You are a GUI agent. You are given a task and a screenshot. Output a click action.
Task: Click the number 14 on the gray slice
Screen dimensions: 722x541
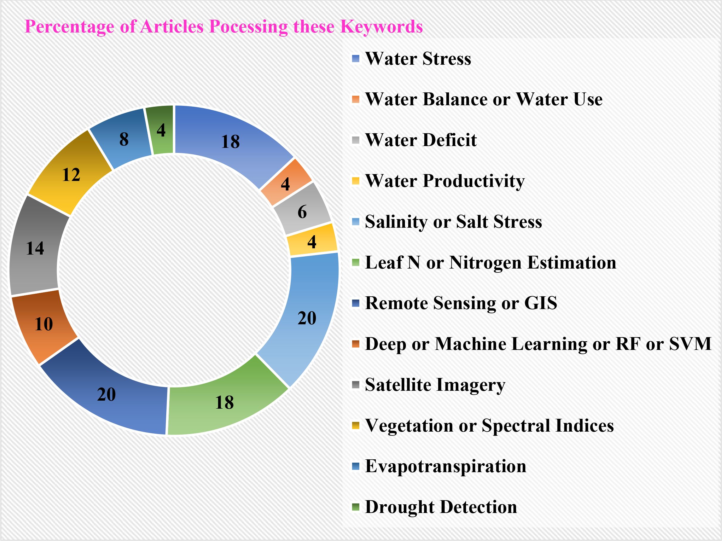point(35,248)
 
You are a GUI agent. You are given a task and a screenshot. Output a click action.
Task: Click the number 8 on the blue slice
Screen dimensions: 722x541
point(124,139)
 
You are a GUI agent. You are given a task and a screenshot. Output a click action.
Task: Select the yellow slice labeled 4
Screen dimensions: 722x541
point(312,240)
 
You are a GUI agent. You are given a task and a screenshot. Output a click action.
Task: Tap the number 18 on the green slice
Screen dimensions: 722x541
point(224,402)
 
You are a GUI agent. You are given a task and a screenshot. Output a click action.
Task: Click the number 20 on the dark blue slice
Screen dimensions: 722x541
point(106,394)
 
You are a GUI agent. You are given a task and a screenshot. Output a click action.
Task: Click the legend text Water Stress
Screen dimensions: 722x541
point(418,59)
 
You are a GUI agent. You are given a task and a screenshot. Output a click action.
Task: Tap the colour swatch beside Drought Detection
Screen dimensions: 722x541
point(356,507)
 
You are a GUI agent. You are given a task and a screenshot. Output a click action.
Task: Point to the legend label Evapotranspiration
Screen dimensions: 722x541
point(445,466)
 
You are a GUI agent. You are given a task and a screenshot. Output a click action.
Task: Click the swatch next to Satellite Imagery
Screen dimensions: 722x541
point(356,385)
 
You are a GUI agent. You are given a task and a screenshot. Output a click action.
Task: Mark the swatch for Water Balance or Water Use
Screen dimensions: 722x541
point(356,99)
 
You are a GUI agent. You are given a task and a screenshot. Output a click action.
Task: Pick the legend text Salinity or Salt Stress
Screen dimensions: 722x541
point(453,222)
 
